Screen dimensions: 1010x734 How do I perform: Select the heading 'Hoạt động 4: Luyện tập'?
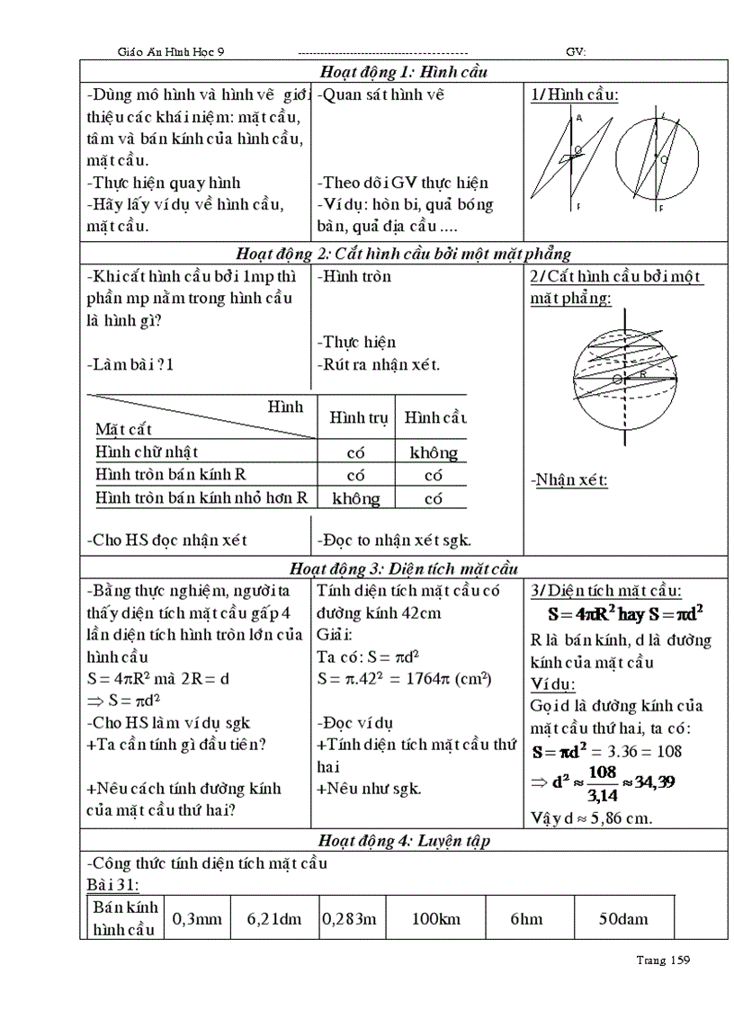(403, 841)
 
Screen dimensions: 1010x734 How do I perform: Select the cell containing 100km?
(437, 918)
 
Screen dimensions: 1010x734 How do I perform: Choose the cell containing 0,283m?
(349, 918)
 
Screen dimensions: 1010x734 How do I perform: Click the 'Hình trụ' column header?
(354, 417)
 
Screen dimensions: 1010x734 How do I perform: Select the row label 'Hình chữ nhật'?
(148, 451)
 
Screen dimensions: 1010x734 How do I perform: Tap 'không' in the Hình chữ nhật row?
(434, 452)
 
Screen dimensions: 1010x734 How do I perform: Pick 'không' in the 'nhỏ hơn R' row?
(355, 498)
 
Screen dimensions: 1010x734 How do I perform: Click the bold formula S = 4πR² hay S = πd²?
(625, 616)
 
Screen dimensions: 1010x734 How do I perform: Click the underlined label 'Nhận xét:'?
(569, 479)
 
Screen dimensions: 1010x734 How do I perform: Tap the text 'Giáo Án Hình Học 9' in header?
(176, 51)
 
